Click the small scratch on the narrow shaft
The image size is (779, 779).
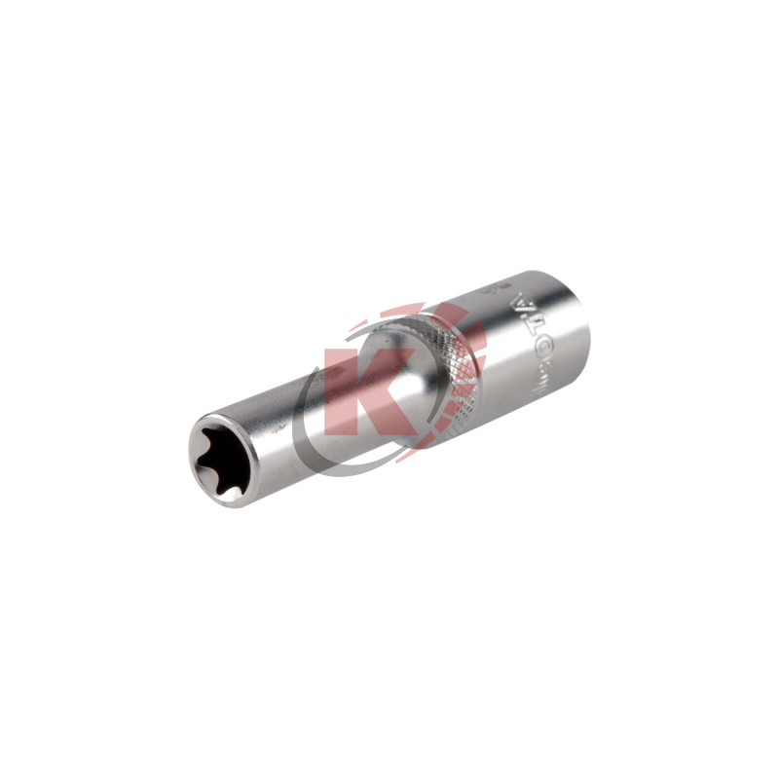click(280, 427)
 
